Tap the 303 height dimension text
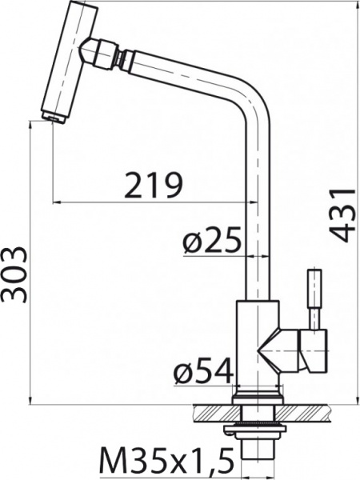point(14,274)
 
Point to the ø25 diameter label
point(212,239)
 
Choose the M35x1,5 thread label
point(165,462)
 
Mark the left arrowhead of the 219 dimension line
point(57,202)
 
